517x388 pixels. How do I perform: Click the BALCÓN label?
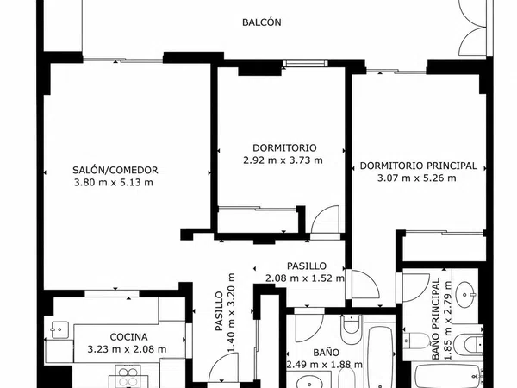[x=261, y=22]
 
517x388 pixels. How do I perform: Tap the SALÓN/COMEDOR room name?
[x=115, y=170]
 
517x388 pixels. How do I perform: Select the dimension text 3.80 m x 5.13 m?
[x=114, y=182]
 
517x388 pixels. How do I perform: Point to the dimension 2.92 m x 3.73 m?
[x=283, y=160]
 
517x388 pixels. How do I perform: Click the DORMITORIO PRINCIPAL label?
[x=418, y=166]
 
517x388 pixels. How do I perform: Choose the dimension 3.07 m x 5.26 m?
[x=417, y=178]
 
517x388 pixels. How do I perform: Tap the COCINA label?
[x=128, y=337]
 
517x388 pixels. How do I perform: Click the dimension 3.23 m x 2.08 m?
[x=127, y=349]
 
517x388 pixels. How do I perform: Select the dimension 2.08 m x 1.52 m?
[x=305, y=278]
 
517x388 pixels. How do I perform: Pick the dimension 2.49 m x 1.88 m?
[x=325, y=365]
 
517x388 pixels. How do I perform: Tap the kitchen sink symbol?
[x=59, y=329]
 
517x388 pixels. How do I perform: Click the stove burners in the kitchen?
[x=128, y=377]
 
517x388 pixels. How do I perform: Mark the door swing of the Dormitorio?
[x=325, y=219]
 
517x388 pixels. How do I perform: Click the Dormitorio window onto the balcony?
[x=306, y=64]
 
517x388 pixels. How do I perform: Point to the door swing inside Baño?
[x=309, y=328]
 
